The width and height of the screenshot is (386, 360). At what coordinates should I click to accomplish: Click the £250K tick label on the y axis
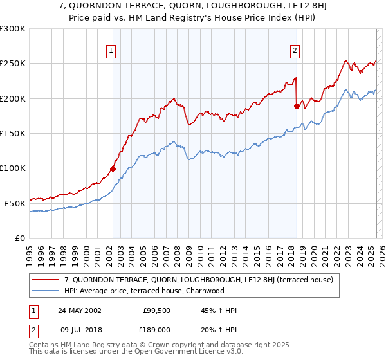[x=13, y=64]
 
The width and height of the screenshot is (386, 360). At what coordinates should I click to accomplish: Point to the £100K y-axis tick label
[x=13, y=168]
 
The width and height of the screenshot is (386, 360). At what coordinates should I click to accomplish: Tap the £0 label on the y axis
[x=19, y=238]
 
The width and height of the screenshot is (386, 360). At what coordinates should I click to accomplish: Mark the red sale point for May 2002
[x=113, y=169]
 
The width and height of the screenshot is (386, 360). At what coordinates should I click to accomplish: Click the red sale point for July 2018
[x=297, y=106]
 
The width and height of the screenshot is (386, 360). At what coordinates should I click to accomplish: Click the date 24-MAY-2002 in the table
[x=79, y=310]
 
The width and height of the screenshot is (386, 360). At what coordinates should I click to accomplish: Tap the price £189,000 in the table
[x=156, y=328]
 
